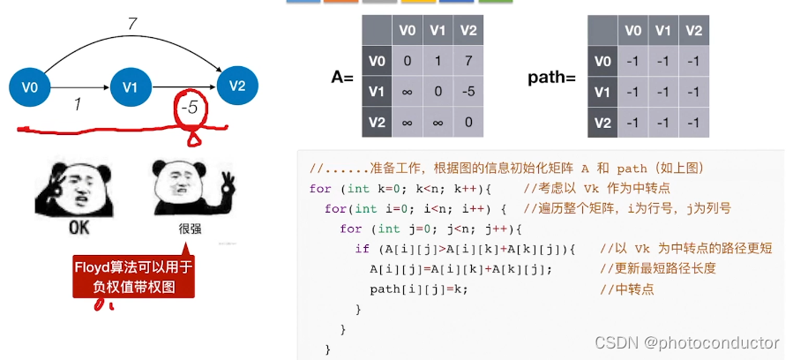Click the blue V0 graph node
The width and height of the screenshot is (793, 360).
(x=30, y=86)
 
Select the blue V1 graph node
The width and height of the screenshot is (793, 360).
(x=131, y=86)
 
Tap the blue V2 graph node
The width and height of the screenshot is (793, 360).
(x=236, y=86)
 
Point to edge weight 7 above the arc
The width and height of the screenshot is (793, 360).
(x=132, y=24)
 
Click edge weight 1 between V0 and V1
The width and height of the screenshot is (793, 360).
(x=78, y=104)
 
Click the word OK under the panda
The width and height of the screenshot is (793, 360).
(x=80, y=229)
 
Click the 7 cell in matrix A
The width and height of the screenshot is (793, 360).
(x=469, y=62)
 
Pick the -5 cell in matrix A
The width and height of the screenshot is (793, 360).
(x=469, y=92)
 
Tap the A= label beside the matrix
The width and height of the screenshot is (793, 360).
(x=342, y=78)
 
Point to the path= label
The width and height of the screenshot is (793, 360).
(x=551, y=78)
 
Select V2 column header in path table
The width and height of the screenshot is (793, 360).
(x=693, y=31)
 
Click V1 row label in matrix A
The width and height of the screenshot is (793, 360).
(x=378, y=92)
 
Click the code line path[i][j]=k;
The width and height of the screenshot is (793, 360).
(x=418, y=289)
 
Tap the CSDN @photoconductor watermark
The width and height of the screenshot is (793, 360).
(x=686, y=342)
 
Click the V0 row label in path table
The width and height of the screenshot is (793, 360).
(x=602, y=62)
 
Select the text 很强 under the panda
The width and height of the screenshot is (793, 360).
(x=190, y=228)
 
